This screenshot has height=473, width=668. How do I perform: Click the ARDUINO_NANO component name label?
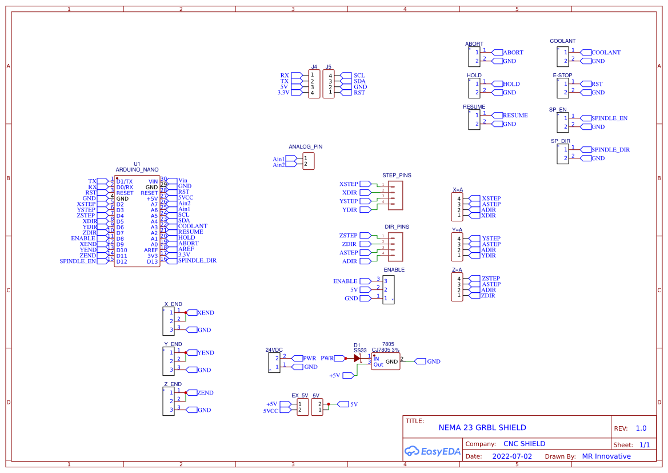pos(137,170)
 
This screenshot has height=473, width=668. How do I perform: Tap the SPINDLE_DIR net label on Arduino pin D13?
pos(197,260)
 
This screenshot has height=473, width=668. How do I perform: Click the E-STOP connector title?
pos(562,75)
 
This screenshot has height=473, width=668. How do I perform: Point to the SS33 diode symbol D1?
pos(357,358)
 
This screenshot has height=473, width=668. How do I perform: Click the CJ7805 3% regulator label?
pos(385,350)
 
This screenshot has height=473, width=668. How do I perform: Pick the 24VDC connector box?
pos(274,363)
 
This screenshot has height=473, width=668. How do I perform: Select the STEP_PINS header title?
pos(397,176)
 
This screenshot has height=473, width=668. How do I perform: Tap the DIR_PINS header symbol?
pos(395,247)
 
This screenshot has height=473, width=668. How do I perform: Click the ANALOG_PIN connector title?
pos(305,147)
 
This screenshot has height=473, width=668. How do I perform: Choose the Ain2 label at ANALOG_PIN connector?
pos(279,165)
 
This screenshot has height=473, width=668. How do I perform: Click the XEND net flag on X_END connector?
pos(205,313)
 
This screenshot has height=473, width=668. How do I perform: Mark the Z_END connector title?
pos(173,384)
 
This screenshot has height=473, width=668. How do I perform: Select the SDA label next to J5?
pos(359,81)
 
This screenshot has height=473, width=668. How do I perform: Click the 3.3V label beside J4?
pos(283,93)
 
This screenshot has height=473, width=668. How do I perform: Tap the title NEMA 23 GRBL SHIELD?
pos(482,428)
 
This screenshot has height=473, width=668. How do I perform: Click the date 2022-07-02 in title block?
pos(512,456)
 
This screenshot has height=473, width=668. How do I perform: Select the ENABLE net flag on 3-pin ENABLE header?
pos(345,281)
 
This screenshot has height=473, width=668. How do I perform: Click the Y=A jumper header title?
pos(457,230)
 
